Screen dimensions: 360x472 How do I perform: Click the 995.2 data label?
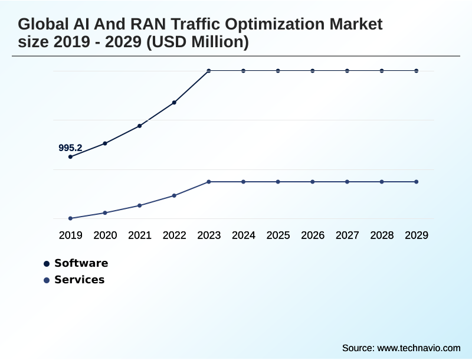(x=70, y=148)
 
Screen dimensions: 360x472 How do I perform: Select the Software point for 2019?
(x=70, y=157)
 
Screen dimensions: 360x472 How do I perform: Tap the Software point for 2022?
(x=174, y=103)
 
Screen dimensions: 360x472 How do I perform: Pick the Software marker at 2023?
(x=209, y=71)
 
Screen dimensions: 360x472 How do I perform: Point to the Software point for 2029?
(x=417, y=71)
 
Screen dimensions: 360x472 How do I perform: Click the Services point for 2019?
(x=70, y=218)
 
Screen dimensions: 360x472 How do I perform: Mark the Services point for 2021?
(x=140, y=205)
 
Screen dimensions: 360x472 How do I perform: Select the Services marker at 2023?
(x=209, y=182)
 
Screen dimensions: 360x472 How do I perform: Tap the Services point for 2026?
(x=313, y=182)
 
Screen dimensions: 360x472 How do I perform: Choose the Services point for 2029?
(x=417, y=182)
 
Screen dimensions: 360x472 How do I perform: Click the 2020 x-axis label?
(x=105, y=235)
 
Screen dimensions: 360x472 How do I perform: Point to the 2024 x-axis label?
(x=244, y=235)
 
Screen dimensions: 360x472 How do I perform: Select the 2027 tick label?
(x=348, y=235)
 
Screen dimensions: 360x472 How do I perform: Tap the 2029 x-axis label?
(x=417, y=235)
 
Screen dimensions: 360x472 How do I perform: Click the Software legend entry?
(x=81, y=263)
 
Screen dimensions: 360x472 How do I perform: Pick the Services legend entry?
(x=79, y=280)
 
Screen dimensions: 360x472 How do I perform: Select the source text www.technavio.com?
(x=418, y=348)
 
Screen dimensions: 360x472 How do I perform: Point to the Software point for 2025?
(x=278, y=71)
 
